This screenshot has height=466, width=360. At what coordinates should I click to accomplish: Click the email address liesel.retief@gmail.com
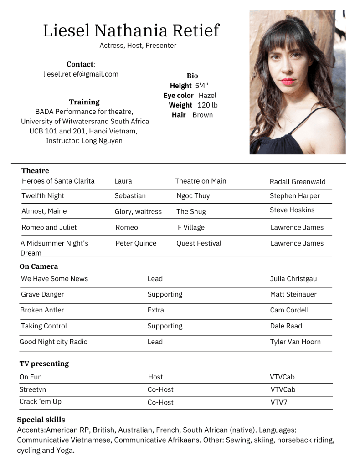tap(81, 74)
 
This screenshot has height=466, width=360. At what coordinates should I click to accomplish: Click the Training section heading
tap(84, 102)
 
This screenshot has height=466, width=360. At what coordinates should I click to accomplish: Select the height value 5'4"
tap(201, 86)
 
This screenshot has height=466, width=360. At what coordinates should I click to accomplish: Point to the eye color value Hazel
tap(207, 96)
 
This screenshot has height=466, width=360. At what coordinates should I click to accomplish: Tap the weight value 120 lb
tap(207, 105)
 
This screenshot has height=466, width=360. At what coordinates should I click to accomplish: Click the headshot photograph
tap(297, 82)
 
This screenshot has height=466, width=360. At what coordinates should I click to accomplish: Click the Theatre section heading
tap(35, 171)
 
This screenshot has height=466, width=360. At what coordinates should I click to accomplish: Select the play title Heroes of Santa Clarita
tap(58, 181)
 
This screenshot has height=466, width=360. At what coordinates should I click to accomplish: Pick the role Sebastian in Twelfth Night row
tap(130, 196)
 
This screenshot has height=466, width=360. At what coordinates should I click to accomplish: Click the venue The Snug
tap(191, 211)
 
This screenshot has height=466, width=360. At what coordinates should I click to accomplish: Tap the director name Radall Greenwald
tap(298, 182)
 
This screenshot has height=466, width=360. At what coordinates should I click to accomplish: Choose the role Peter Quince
tap(136, 243)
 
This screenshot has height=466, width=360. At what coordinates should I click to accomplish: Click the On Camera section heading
tap(39, 266)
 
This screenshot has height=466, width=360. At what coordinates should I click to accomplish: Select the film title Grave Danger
tap(42, 294)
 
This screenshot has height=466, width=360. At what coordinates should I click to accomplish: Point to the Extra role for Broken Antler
tap(155, 310)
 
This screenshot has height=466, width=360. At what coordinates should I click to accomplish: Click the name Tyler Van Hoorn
tap(295, 342)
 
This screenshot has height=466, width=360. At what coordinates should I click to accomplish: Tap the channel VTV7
tap(279, 402)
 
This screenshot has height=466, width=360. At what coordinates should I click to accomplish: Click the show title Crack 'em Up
tap(40, 402)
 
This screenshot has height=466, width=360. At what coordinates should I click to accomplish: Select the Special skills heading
tap(41, 420)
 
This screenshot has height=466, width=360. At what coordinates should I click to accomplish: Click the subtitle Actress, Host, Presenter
tap(138, 46)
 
